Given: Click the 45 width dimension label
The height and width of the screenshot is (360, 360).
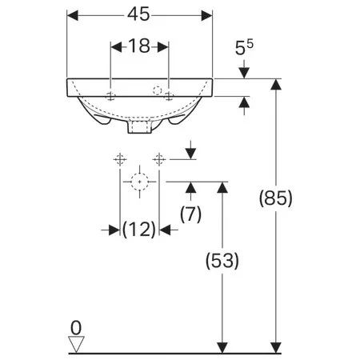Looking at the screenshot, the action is (138, 14).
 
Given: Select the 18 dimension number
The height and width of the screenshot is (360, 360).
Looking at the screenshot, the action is (139, 46).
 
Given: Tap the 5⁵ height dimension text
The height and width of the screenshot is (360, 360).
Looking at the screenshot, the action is (244, 47).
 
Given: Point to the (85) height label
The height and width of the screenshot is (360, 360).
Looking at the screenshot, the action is (276, 198).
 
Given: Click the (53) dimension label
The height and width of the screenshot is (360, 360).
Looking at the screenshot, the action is (222, 261).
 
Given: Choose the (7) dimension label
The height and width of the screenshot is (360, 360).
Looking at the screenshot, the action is (190, 214).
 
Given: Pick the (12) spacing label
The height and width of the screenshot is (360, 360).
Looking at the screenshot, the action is (139, 230).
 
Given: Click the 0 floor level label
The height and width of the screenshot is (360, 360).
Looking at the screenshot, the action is (76, 328).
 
